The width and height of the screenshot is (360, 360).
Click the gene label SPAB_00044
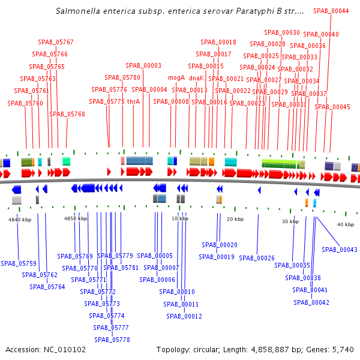(x=331, y=11)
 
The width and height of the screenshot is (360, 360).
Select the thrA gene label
(x=133, y=101)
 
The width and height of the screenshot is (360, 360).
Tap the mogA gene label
(x=176, y=78)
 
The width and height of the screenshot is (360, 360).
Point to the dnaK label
(x=196, y=78)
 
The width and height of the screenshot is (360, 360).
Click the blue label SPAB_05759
(x=19, y=263)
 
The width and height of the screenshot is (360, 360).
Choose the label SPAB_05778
(x=112, y=340)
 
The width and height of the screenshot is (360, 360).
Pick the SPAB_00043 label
(x=340, y=250)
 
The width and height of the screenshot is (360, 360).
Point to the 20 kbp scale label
(x=235, y=219)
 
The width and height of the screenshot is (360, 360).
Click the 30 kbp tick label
(x=290, y=221)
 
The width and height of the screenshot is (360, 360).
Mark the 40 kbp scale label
(x=345, y=224)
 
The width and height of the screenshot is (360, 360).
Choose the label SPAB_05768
(x=67, y=114)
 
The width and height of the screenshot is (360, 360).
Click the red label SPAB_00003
(x=143, y=66)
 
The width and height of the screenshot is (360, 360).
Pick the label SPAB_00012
(x=184, y=316)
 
